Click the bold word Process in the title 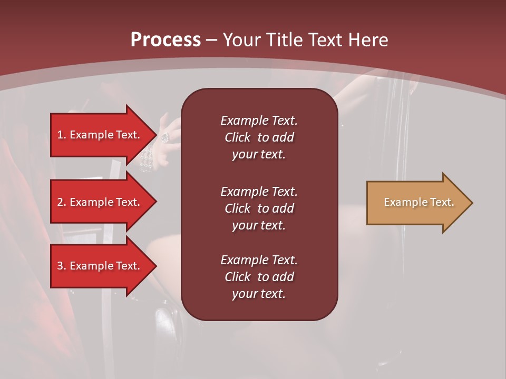[166, 40]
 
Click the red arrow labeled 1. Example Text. [100, 135]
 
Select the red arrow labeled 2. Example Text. [100, 202]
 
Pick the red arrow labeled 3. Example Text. [100, 266]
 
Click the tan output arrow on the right [416, 203]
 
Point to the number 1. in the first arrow [62, 135]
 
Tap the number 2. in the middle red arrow [62, 202]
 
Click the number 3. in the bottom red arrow [62, 266]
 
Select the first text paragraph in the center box [259, 137]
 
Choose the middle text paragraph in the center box [259, 208]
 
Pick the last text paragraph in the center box [259, 277]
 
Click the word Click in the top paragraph [237, 137]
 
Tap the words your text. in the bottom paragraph [259, 294]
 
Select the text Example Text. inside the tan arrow [419, 202]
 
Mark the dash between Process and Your [211, 41]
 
